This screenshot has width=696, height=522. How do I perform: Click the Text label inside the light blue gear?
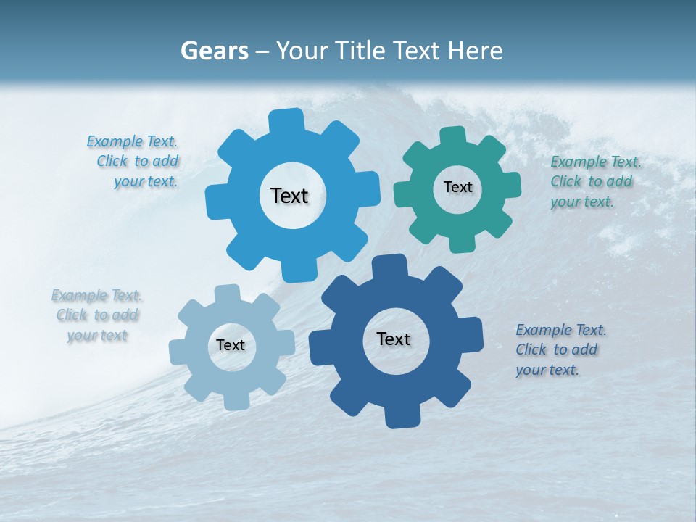pos(289,196)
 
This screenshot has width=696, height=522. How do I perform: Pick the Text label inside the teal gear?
pos(457,187)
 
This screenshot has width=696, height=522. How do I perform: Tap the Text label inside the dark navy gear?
pos(394,339)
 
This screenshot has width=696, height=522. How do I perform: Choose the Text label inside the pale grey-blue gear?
pos(231,346)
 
